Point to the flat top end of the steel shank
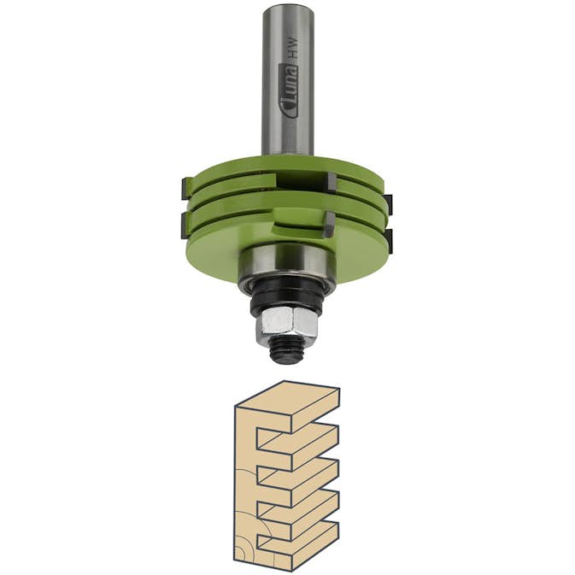pos(288,7)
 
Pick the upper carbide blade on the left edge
pos(185,185)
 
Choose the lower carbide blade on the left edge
pos(185,226)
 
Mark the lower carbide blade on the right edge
pos(388,240)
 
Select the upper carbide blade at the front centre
pos(330,182)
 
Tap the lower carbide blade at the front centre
pos(330,224)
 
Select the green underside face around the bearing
pos(222,256)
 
